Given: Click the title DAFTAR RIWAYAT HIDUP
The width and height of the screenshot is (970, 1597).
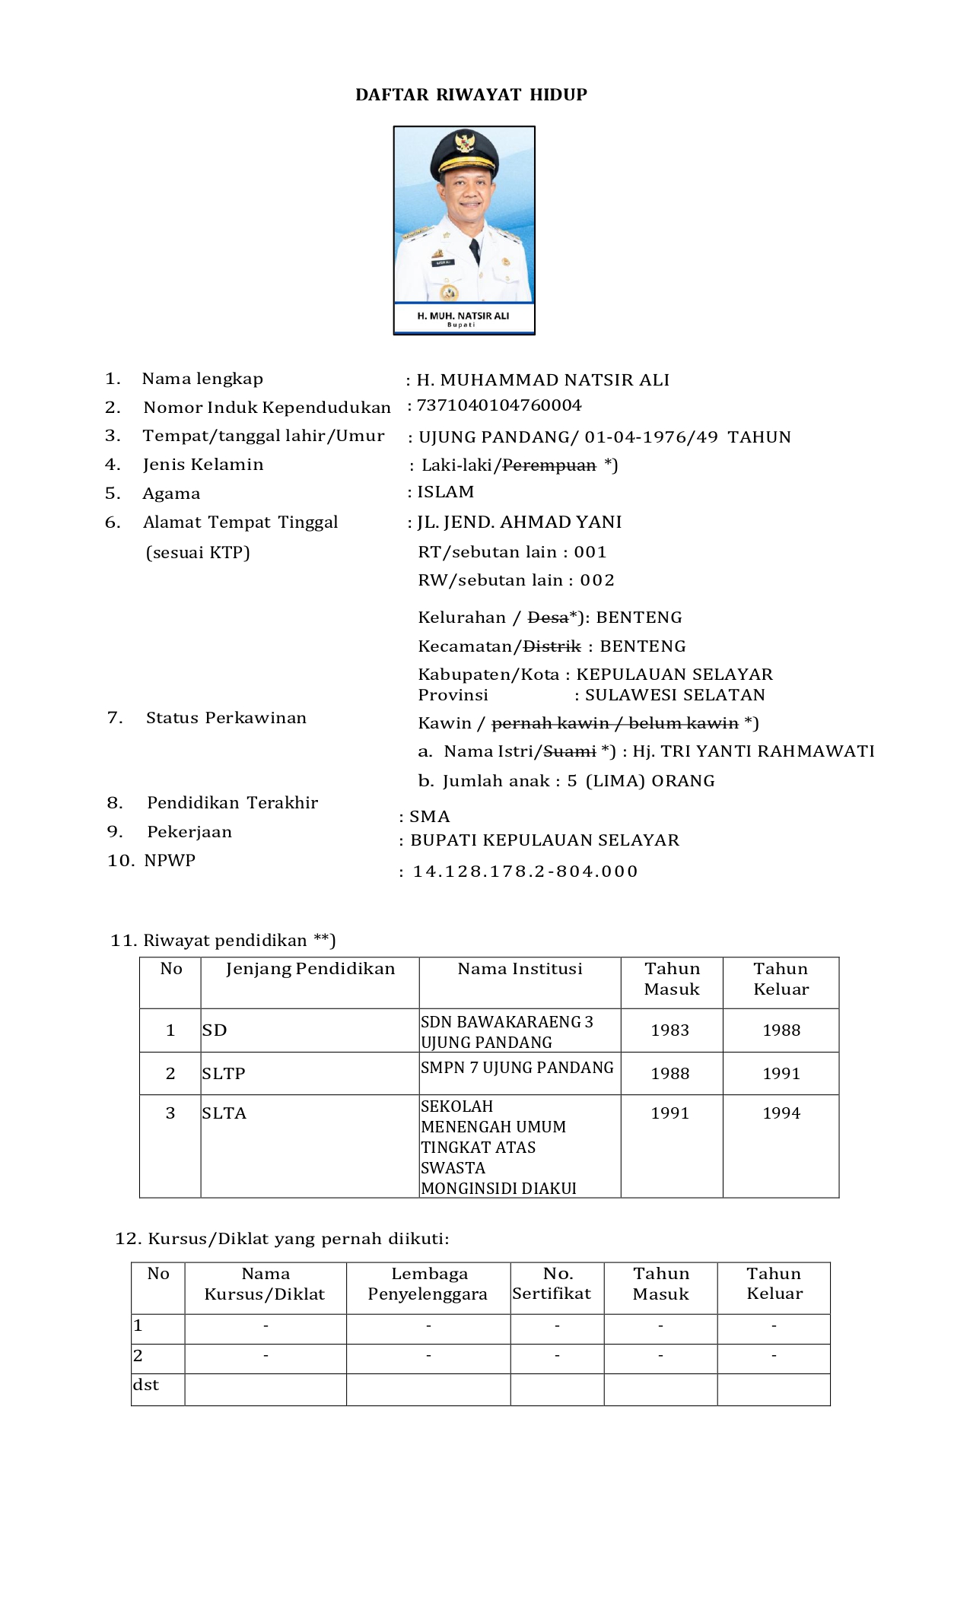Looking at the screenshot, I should (471, 94).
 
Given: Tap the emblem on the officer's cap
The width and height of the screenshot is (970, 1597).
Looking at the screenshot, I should (464, 142).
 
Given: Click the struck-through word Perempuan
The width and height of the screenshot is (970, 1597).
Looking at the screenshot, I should (549, 465).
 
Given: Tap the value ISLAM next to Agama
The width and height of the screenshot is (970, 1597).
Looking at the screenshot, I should (445, 492).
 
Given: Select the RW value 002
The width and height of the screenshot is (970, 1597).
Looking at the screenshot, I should (597, 580).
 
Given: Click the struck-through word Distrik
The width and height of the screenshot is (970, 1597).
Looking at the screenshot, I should (552, 646).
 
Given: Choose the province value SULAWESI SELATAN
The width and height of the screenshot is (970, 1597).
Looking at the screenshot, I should (675, 695).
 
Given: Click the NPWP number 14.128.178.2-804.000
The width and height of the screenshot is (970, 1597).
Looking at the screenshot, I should (525, 872).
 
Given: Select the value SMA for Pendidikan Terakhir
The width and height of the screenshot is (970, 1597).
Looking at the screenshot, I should (430, 817).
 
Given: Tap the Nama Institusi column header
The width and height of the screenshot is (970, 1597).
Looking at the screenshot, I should (520, 969).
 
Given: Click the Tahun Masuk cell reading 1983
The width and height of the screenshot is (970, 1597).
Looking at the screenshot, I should (670, 1030).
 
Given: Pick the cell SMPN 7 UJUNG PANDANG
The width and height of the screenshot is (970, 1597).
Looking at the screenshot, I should (517, 1068).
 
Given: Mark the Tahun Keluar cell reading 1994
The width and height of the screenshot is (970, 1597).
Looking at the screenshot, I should (781, 1113).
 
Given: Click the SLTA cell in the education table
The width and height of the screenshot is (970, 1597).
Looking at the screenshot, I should (224, 1113).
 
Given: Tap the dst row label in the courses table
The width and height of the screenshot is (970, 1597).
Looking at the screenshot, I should (146, 1385).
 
